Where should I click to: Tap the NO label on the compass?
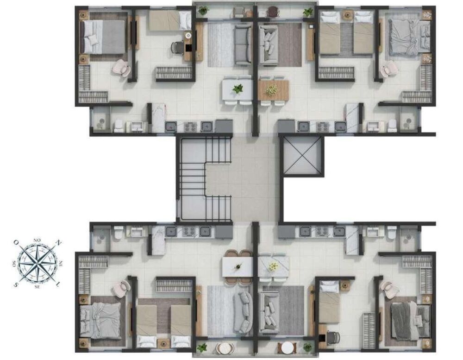pos(37,240)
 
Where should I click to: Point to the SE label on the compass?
pos(37,286)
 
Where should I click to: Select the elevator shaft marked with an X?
pos(301,156)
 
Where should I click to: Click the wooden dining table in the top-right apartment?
pos(273,90)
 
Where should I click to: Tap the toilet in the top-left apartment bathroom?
pos(119,125)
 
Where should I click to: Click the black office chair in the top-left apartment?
pos(177,47)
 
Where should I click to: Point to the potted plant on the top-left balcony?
pos(203,10)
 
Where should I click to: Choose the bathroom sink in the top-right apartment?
pos(373,126)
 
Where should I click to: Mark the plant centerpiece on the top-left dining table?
pos(238,88)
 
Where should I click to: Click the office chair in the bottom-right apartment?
pos(332,337)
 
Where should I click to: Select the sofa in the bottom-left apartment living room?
pos(243,312)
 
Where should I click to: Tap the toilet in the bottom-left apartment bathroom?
pos(118,233)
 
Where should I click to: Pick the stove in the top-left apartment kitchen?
pos(190,126)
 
